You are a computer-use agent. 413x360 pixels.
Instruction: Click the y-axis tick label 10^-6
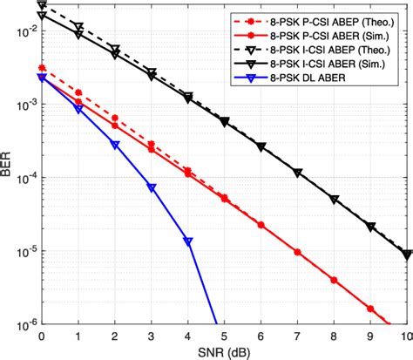pyautogui.click(x=24, y=323)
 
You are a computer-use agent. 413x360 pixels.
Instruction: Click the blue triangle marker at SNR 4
pyautogui.click(x=187, y=241)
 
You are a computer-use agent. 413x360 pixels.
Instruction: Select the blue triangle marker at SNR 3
pyautogui.click(x=151, y=187)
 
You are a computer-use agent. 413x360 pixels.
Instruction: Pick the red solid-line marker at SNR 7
pyautogui.click(x=297, y=253)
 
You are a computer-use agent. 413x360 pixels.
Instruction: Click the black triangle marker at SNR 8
pyautogui.click(x=334, y=200)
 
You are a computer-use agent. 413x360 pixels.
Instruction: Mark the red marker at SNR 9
pyautogui.click(x=370, y=309)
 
